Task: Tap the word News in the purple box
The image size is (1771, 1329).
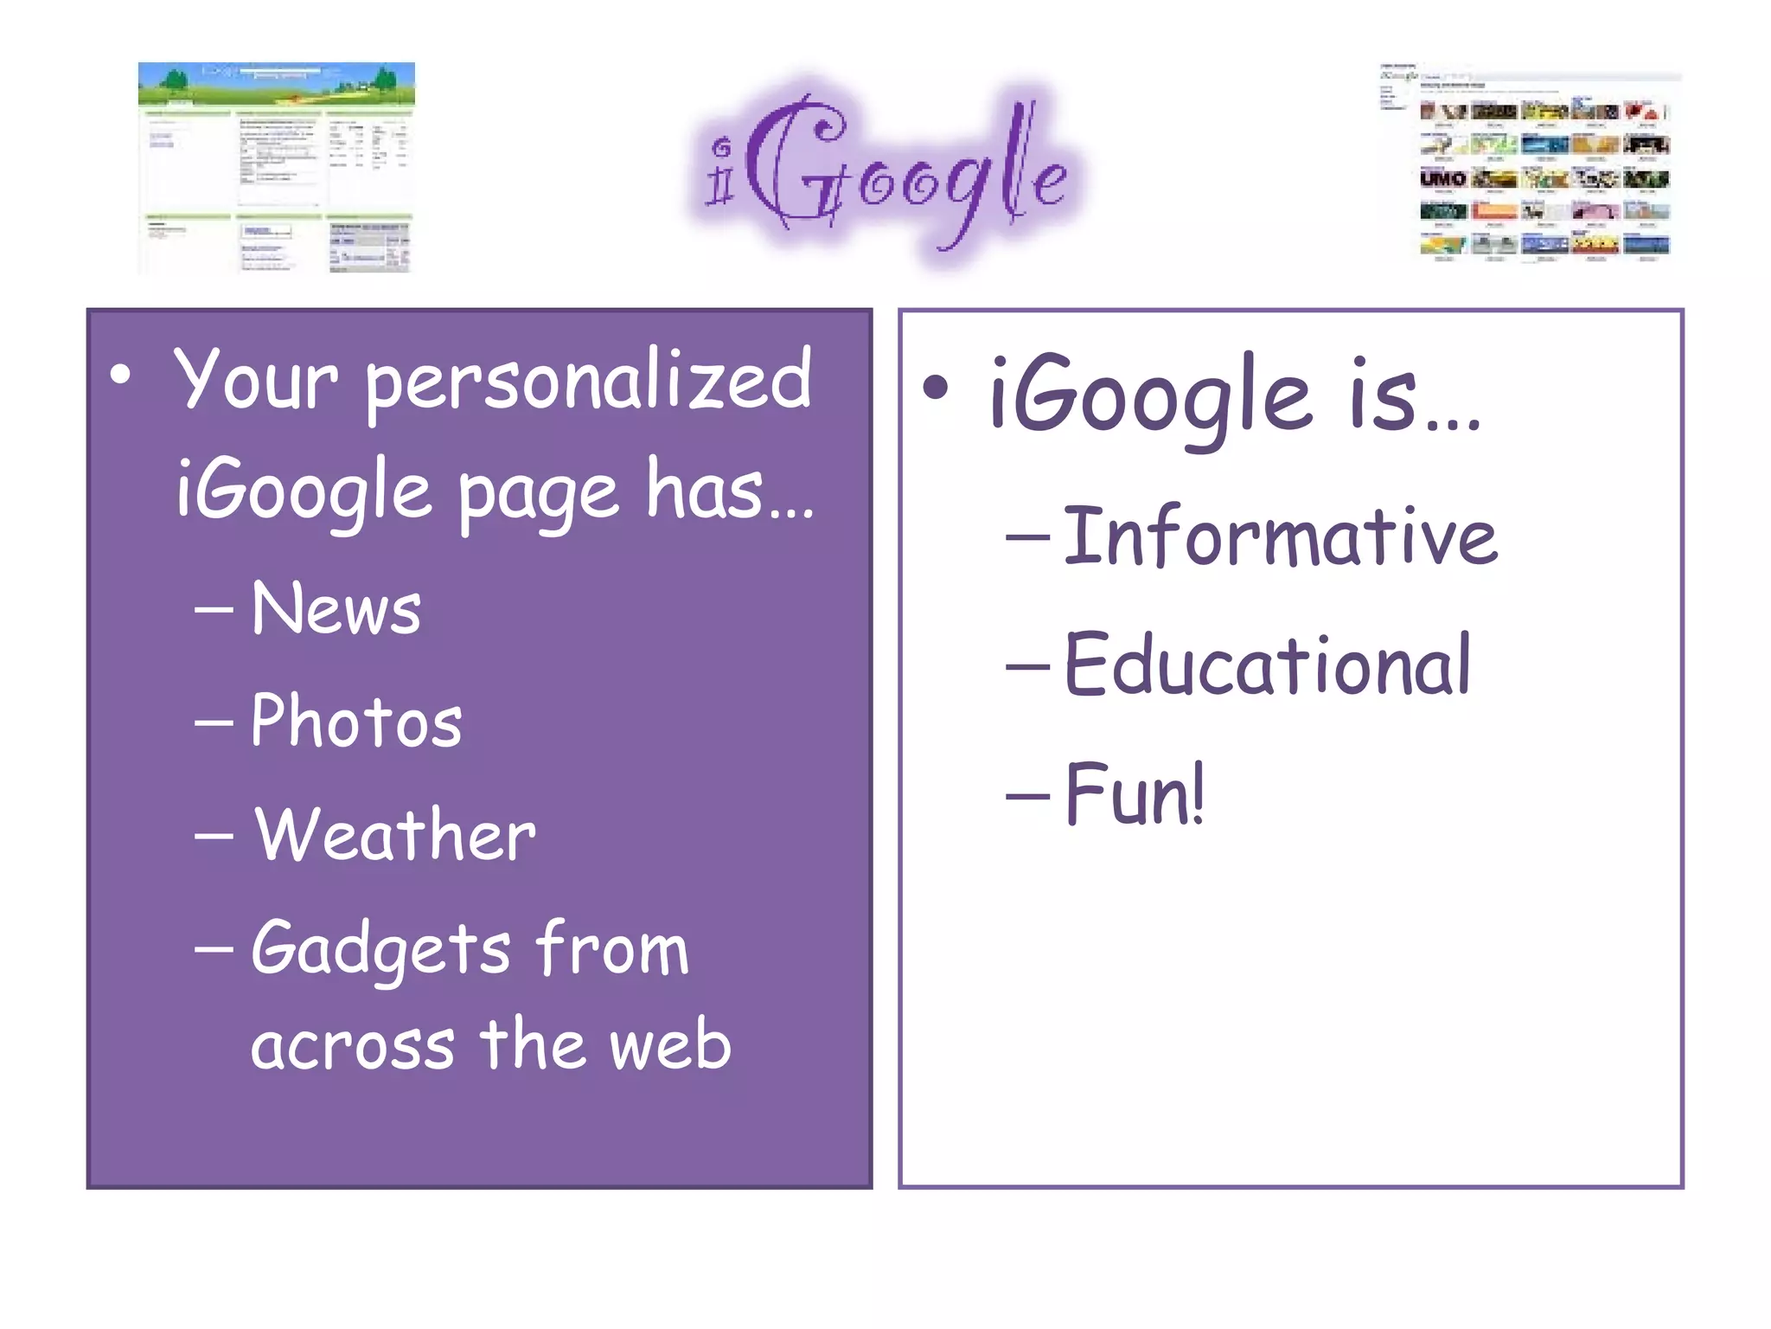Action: pos(336,609)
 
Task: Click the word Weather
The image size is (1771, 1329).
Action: pos(395,835)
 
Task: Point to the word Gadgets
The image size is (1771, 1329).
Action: pos(380,950)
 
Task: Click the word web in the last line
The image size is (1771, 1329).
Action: pos(670,1045)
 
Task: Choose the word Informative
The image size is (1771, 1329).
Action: pos(1280,537)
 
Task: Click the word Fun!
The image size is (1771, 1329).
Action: pos(1135,794)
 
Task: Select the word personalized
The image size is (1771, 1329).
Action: pos(588,382)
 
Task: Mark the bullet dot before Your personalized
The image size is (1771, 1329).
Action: pos(121,375)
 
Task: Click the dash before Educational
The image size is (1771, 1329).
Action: pos(1027,667)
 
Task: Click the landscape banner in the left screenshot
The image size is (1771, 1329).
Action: pos(276,85)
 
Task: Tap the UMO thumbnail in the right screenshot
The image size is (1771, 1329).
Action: pos(1442,178)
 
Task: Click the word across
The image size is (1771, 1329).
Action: pos(353,1045)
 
